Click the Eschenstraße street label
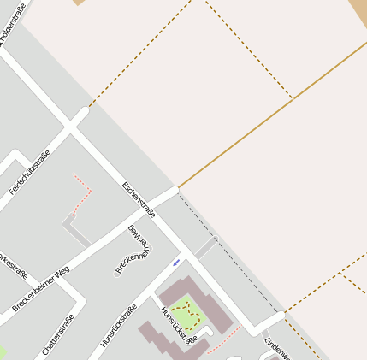[x=139, y=198]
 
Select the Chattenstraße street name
[x=57, y=333]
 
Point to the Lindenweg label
[x=278, y=346]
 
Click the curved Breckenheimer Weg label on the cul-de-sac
[x=133, y=249]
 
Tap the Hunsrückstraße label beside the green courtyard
[x=179, y=327]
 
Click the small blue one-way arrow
[x=176, y=262]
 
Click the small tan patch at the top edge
[x=79, y=3]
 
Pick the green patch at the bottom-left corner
[x=2, y=353]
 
